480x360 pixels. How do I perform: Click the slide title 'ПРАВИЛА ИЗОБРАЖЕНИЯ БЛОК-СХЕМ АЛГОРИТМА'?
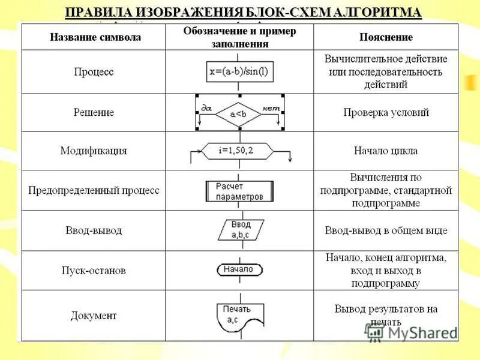pos(243,13)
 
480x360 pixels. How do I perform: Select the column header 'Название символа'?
pos(95,37)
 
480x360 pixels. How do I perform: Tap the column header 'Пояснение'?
pos(386,37)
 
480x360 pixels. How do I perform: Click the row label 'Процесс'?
pos(94,72)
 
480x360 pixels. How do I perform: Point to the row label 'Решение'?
pos(94,112)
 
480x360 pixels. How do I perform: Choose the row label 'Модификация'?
pos(94,151)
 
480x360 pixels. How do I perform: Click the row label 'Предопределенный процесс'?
pos(94,190)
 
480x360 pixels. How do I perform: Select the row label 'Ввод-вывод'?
pos(94,230)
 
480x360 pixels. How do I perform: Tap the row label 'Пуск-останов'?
pos(94,271)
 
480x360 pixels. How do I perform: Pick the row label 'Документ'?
pos(94,316)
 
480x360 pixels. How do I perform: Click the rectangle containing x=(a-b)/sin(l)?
pos(239,72)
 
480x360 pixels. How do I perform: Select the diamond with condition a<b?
pos(238,113)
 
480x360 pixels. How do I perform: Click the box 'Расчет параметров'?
pos(239,191)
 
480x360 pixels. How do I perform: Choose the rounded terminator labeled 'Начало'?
pos(238,269)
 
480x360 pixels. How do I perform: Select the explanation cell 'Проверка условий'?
pos(386,112)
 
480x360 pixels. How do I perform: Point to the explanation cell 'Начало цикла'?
pos(386,151)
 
